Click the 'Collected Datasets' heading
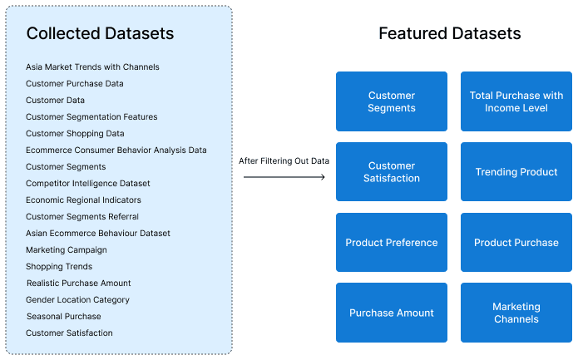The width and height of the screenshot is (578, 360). point(100,33)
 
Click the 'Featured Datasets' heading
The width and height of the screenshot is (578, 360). point(449,33)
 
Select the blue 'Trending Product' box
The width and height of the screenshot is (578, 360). point(516,172)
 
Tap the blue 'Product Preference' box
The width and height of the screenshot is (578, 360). point(392,243)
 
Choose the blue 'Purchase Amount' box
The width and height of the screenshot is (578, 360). point(392,313)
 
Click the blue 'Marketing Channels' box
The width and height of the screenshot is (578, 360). point(516,313)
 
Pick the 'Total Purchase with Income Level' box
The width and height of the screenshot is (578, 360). point(516,101)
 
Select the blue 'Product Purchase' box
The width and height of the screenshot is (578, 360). point(516,243)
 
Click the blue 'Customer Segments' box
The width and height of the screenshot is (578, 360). point(392,101)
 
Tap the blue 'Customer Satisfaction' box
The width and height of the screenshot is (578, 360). point(392,172)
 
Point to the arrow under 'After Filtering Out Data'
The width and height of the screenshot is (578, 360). point(284,176)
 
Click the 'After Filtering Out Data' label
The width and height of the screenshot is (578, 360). point(284,160)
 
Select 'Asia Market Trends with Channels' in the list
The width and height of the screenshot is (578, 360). point(92,67)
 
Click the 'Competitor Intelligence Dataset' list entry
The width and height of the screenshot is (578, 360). point(88,183)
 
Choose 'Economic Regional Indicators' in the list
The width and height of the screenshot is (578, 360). point(83,200)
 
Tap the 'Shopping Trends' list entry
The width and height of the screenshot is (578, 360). point(59,266)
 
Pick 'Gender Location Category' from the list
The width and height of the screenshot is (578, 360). point(77,299)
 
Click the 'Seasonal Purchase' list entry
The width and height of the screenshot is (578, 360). point(63,316)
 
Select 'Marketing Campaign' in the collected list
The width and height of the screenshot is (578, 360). point(67,249)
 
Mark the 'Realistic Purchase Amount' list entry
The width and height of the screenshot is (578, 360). point(79,283)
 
